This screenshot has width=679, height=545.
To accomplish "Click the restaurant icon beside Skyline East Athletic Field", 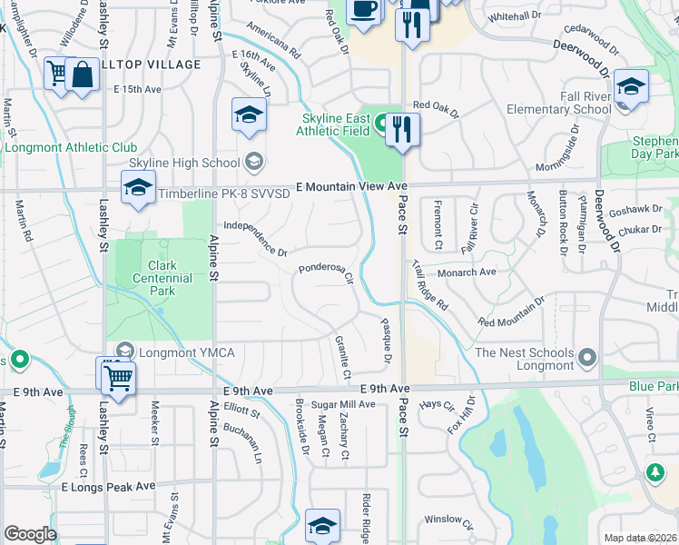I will [403, 129].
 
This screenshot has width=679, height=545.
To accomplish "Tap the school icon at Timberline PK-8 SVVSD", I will [138, 188].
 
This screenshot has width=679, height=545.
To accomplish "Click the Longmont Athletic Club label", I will [71, 147].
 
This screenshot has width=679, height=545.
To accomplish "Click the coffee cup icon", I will [364, 11].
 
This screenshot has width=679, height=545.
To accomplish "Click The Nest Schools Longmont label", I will [525, 359].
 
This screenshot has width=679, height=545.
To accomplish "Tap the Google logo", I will [30, 533].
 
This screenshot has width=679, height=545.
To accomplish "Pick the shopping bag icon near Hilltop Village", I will [82, 74].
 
